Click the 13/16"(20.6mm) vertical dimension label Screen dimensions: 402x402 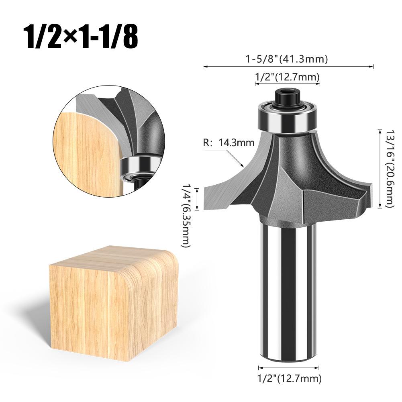[389, 168]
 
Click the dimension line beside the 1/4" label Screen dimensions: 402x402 [197, 200]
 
